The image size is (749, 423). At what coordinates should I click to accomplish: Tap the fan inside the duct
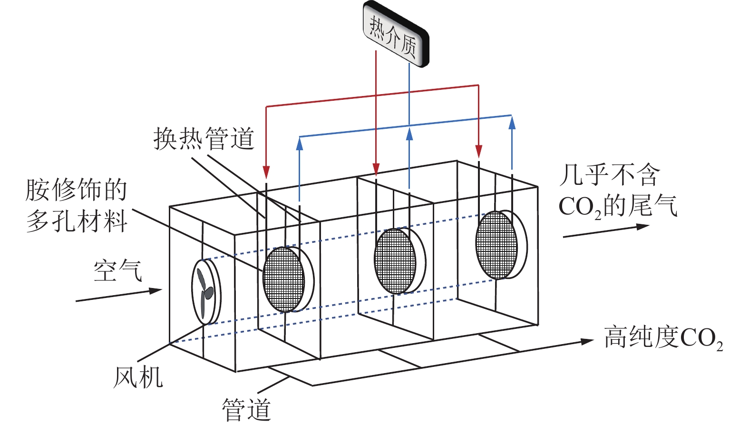pyautogui.click(x=205, y=291)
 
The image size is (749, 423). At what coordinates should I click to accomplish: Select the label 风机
pyautogui.click(x=138, y=378)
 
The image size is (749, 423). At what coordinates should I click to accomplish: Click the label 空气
pyautogui.click(x=117, y=271)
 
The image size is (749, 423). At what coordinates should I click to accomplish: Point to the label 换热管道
pyautogui.click(x=204, y=138)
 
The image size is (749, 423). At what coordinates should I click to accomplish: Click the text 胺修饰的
pyautogui.click(x=76, y=190)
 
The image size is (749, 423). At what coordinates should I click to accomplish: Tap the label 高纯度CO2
pyautogui.click(x=663, y=337)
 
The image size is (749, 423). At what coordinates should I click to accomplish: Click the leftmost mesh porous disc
pyautogui.click(x=283, y=279)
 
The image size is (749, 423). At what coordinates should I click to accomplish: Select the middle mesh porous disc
pyautogui.click(x=395, y=261)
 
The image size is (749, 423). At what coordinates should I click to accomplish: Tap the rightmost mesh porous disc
pyautogui.click(x=496, y=245)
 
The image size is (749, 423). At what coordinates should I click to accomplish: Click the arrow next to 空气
pyautogui.click(x=119, y=295)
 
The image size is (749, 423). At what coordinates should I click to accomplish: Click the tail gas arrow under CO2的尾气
pyautogui.click(x=606, y=231)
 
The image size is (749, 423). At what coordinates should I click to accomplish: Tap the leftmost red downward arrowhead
pyautogui.click(x=266, y=172)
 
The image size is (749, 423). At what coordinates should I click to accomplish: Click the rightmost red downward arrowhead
pyautogui.click(x=478, y=151)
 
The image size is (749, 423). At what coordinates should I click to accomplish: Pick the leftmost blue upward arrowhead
pyautogui.click(x=300, y=144)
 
